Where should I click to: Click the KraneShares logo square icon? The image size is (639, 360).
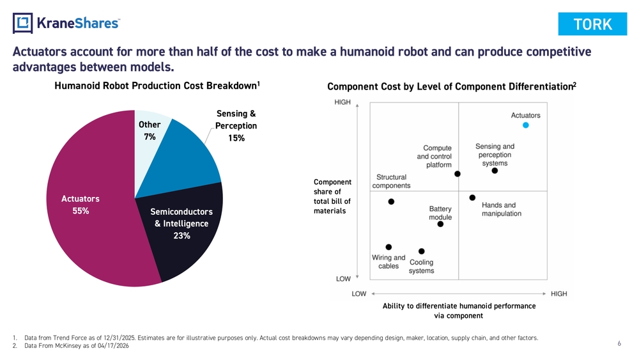click(22, 23)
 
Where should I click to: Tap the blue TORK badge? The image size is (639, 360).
click(592, 24)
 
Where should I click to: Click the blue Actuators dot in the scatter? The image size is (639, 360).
click(526, 125)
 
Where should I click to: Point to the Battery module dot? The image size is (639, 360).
click(440, 224)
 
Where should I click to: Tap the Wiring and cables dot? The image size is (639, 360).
click(389, 247)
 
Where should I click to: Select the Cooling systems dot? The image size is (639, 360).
click(421, 251)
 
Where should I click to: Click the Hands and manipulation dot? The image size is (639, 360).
click(472, 198)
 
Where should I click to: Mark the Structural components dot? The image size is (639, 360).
click(391, 202)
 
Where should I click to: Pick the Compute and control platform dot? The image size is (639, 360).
click(458, 174)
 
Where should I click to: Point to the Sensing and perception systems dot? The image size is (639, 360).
click(495, 171)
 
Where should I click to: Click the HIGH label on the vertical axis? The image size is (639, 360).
click(343, 102)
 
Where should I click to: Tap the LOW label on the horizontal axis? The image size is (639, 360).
click(359, 293)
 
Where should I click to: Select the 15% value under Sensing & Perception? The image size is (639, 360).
click(236, 138)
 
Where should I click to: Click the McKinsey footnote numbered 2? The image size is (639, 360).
click(70, 346)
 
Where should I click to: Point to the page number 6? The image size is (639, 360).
click(619, 343)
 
